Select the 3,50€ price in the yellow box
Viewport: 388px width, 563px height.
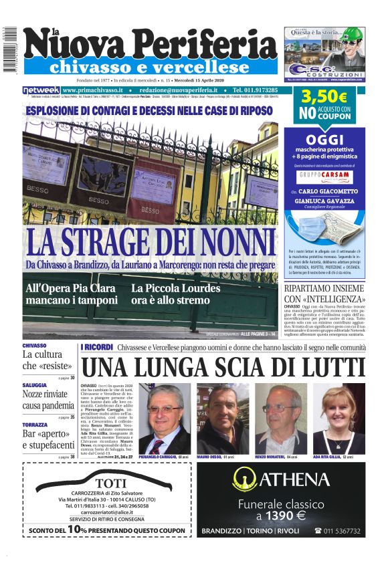coord(323,97)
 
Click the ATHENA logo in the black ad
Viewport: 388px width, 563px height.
coord(281,479)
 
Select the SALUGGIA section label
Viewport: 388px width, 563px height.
coord(34,385)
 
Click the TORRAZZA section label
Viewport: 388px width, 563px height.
coord(35,425)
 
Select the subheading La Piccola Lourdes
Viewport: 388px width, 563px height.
coord(175,288)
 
